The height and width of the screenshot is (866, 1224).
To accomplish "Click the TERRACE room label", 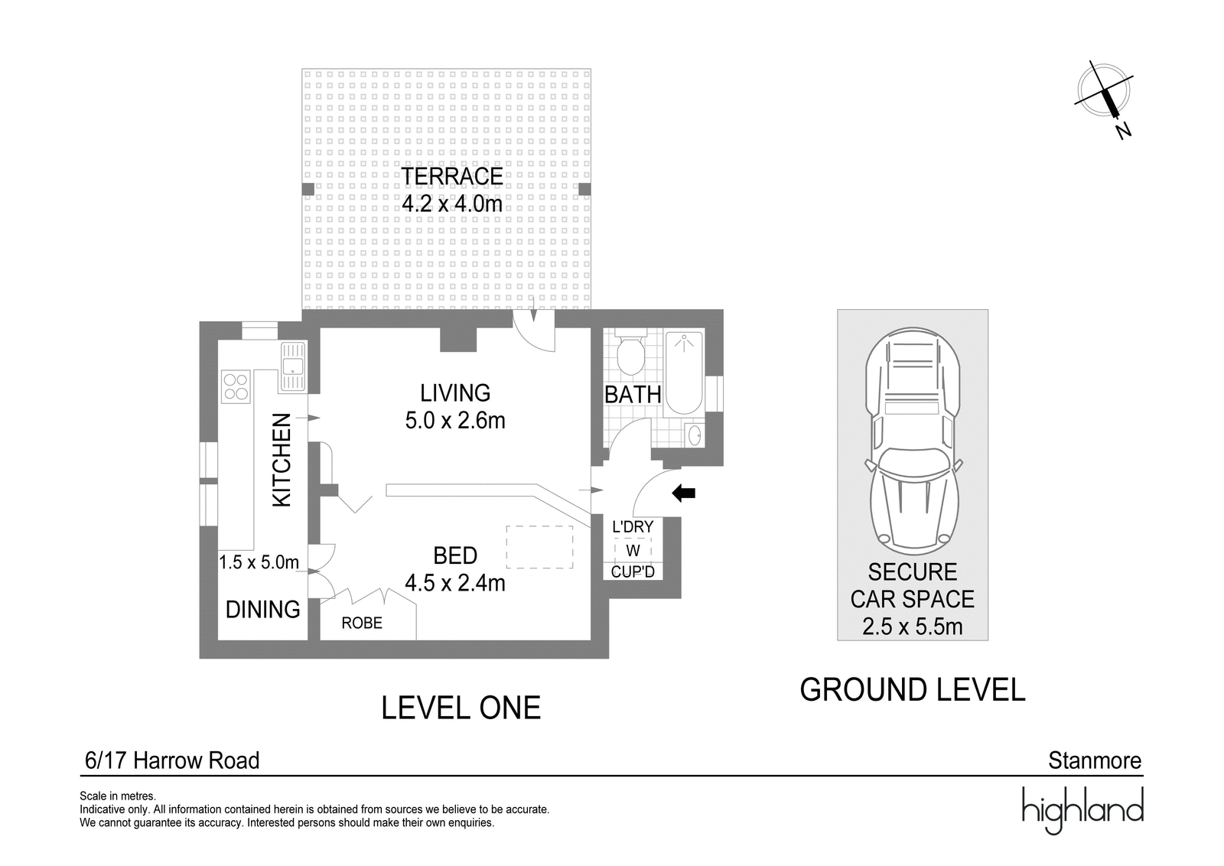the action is pyautogui.click(x=452, y=177).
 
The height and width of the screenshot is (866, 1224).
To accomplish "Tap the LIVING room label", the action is pyautogui.click(x=455, y=393).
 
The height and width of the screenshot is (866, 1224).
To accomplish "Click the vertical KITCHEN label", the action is pyautogui.click(x=282, y=460).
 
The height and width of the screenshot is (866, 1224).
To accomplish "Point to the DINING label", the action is pyautogui.click(x=263, y=609).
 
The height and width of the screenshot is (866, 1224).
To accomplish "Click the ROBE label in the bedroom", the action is pyautogui.click(x=362, y=623).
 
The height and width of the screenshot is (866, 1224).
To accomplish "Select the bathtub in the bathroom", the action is pyautogui.click(x=684, y=372).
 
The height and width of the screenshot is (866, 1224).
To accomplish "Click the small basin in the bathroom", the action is pyautogui.click(x=695, y=435).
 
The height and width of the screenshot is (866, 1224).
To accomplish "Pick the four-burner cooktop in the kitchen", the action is pyautogui.click(x=236, y=386).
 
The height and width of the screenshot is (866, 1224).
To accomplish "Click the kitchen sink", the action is pyautogui.click(x=294, y=366).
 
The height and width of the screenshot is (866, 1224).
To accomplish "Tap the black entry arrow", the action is pyautogui.click(x=683, y=493).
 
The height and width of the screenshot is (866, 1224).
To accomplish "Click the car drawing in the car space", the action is pyautogui.click(x=913, y=441).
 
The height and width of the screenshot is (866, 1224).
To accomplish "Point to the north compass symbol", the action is pyautogui.click(x=1105, y=101).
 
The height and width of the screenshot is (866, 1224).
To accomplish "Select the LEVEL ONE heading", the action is pyautogui.click(x=461, y=708).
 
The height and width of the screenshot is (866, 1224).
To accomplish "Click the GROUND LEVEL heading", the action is pyautogui.click(x=912, y=689).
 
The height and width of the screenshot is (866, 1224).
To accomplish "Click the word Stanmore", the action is pyautogui.click(x=1095, y=760).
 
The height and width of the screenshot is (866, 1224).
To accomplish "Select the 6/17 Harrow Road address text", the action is pyautogui.click(x=172, y=760).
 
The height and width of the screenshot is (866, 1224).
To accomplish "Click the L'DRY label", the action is pyautogui.click(x=633, y=526).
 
